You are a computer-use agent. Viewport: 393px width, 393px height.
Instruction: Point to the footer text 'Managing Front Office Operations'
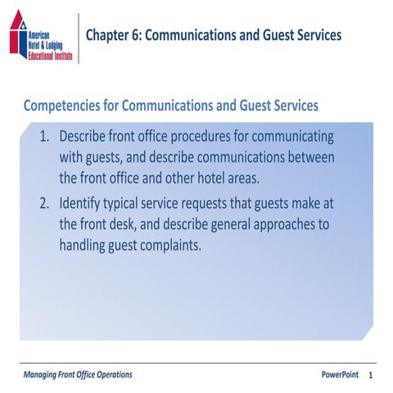click(x=78, y=374)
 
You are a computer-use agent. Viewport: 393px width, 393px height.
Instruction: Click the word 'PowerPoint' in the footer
click(x=340, y=374)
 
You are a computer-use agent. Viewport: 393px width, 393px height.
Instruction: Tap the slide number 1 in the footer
click(x=371, y=375)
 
